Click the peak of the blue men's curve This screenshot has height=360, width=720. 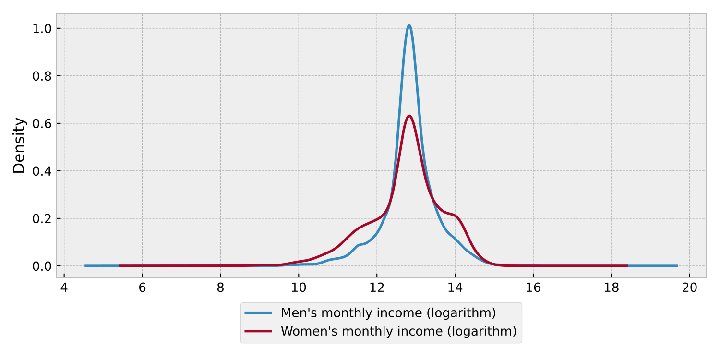pyautogui.click(x=409, y=26)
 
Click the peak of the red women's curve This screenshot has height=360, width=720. pyautogui.click(x=409, y=116)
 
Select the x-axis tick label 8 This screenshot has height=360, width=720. pyautogui.click(x=220, y=288)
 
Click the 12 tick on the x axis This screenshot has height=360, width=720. pyautogui.click(x=377, y=288)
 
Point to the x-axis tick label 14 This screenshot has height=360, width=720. pyautogui.click(x=455, y=288)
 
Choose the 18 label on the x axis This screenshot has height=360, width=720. pyautogui.click(x=612, y=288)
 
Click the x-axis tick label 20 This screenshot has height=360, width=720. pyautogui.click(x=690, y=288)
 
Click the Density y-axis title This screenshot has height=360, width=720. pyautogui.click(x=19, y=145)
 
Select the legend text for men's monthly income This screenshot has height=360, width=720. pyautogui.click(x=388, y=313)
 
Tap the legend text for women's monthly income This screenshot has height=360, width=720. pyautogui.click(x=398, y=331)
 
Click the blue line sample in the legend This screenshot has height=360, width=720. pyautogui.click(x=259, y=313)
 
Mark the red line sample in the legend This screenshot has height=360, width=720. pyautogui.click(x=259, y=331)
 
